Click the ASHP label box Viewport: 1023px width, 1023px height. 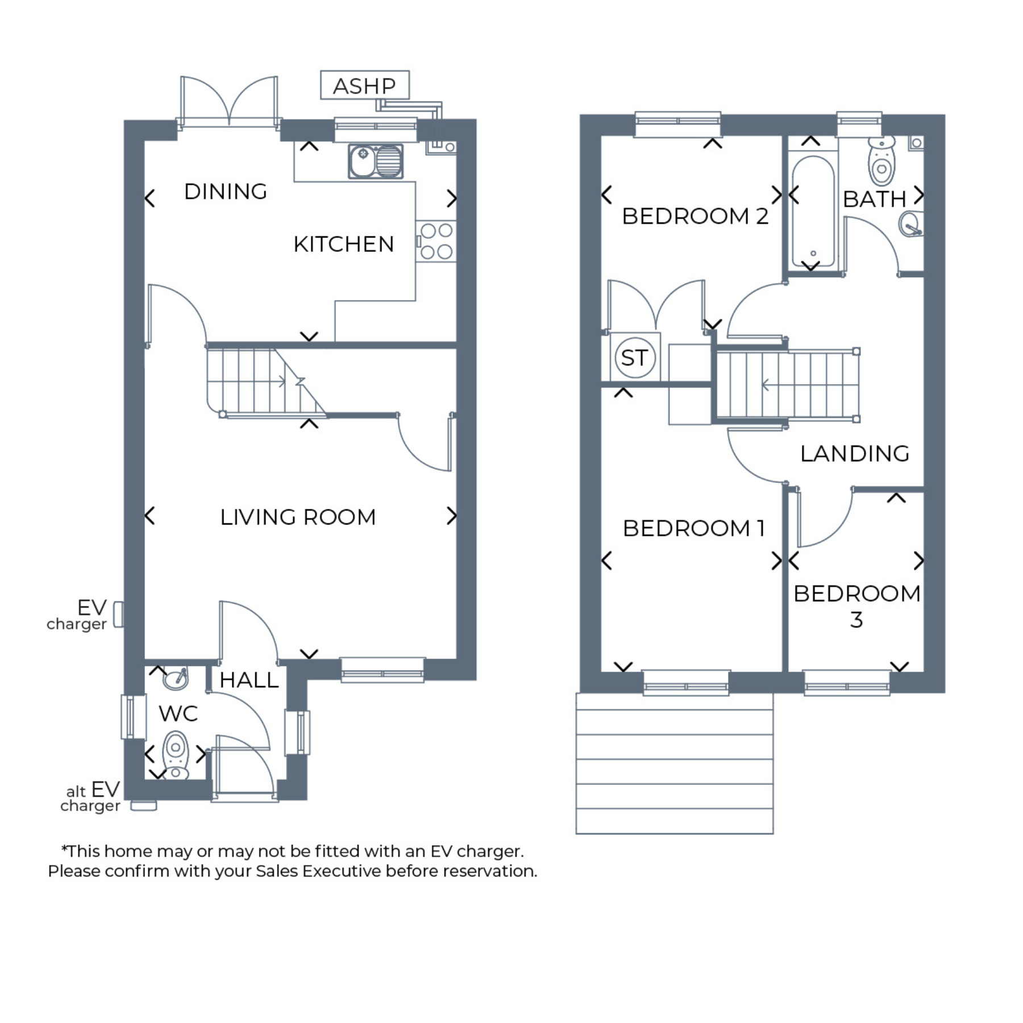coord(365,85)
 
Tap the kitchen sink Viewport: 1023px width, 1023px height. coord(376,161)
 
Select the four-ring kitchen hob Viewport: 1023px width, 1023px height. coord(436,241)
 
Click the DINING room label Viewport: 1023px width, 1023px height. coord(226,192)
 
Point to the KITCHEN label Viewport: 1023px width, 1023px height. coord(344,244)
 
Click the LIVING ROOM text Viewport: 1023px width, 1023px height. coord(298,517)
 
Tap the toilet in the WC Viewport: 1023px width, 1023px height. coord(176,756)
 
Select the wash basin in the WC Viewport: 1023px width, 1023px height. coord(175,678)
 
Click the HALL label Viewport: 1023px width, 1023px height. coord(249,680)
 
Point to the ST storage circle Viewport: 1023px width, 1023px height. coord(635,358)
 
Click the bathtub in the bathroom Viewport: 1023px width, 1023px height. coord(813,211)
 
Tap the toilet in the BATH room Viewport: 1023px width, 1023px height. coord(881,161)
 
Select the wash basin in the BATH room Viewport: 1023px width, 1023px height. coord(912,224)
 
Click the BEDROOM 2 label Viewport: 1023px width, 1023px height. coord(695,216)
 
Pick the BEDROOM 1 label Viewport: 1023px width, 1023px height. coord(694,529)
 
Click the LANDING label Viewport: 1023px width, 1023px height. coord(855,454)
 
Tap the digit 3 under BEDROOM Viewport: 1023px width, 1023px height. coord(856,619)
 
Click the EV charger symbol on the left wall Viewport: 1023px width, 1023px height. coord(118,614)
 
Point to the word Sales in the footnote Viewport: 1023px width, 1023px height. coord(277,871)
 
